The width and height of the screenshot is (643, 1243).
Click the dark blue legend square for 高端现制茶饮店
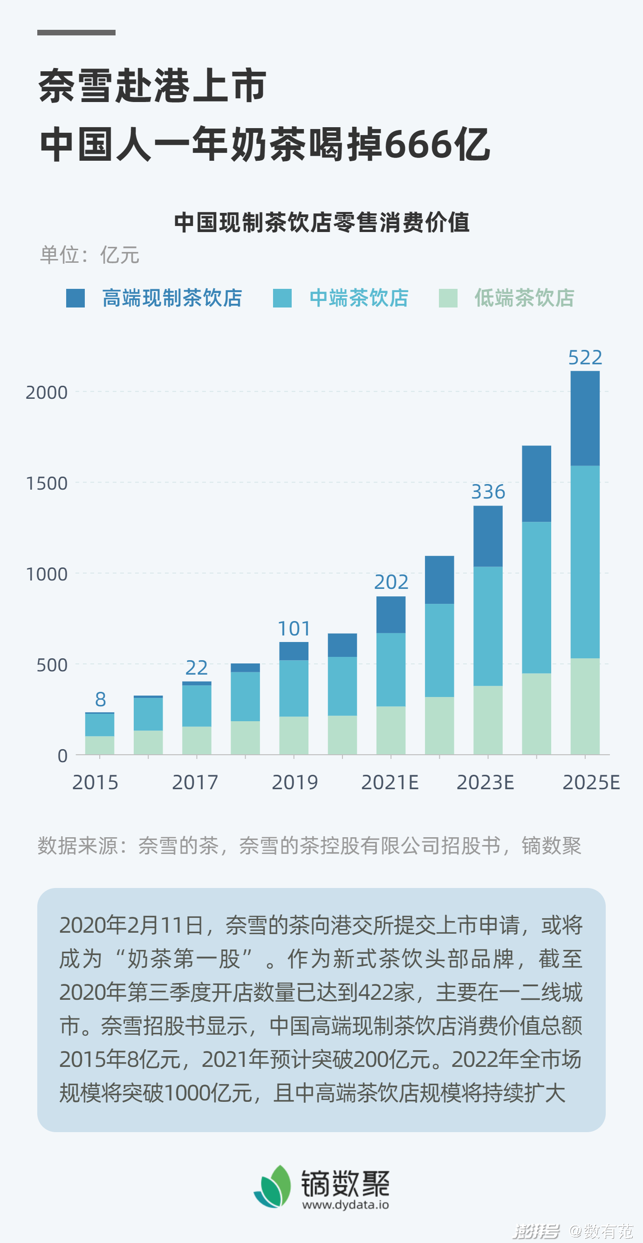pyautogui.click(x=75, y=298)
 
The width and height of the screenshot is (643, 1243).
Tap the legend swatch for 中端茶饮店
pyautogui.click(x=282, y=298)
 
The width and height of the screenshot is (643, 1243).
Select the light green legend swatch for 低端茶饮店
pyautogui.click(x=448, y=298)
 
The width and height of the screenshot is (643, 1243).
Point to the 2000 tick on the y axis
pyautogui.click(x=47, y=393)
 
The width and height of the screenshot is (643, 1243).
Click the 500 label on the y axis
pyautogui.click(x=52, y=665)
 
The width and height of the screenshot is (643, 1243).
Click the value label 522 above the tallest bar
pyautogui.click(x=585, y=357)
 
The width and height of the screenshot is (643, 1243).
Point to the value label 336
pyautogui.click(x=488, y=492)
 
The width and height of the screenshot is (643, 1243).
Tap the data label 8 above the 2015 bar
pyautogui.click(x=100, y=699)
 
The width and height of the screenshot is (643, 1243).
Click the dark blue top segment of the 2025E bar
pyautogui.click(x=585, y=418)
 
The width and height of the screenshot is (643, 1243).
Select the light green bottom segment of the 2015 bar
pyautogui.click(x=100, y=745)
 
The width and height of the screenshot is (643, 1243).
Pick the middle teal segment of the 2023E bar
pyautogui.click(x=488, y=626)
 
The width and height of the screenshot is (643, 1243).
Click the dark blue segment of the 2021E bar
pyautogui.click(x=391, y=615)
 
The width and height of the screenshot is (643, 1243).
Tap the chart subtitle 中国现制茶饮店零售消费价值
pyautogui.click(x=321, y=222)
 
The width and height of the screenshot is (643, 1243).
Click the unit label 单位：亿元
pyautogui.click(x=90, y=255)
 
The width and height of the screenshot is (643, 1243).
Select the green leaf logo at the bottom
pyautogui.click(x=273, y=1187)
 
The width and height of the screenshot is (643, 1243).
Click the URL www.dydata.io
pyautogui.click(x=345, y=1205)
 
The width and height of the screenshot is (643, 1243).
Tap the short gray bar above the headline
pyautogui.click(x=76, y=33)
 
